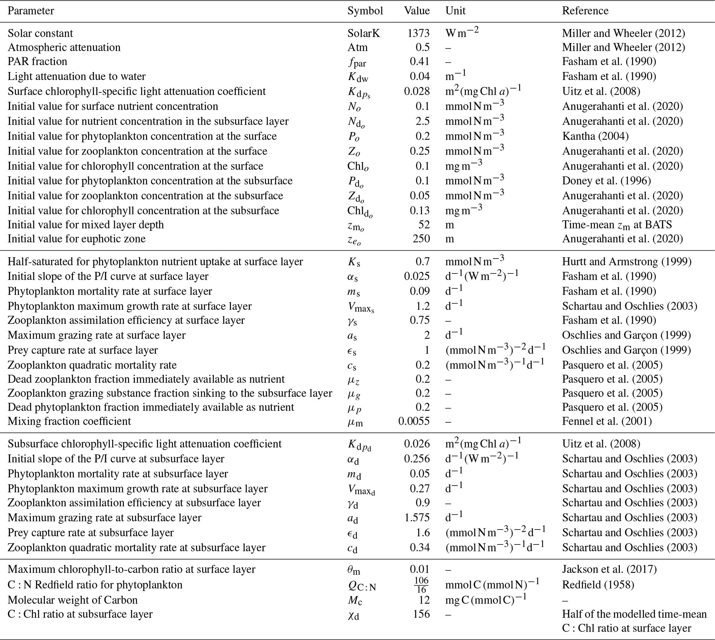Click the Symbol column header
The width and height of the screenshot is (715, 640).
365,11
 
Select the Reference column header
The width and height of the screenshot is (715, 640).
585,11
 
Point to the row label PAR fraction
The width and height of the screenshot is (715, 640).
37,62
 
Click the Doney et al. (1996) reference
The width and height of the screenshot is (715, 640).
606,181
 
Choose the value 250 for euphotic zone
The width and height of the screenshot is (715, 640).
421,239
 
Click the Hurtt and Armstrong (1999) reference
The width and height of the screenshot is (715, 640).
626,262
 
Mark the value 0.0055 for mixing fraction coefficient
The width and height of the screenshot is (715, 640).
414,421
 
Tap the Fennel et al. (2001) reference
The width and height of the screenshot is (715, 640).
607,421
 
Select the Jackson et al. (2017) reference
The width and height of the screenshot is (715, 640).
609,569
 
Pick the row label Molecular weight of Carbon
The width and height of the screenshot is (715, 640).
73,600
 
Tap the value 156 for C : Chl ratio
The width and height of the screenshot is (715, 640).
421,614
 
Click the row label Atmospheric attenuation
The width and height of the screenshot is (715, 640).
64,47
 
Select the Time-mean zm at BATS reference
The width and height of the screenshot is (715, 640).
617,225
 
